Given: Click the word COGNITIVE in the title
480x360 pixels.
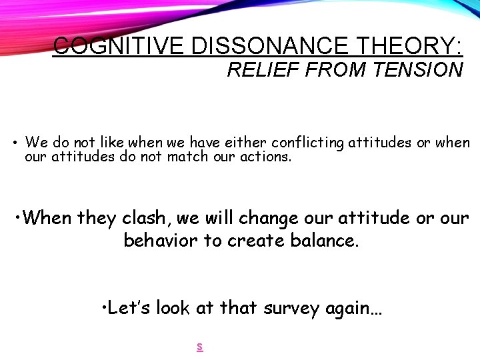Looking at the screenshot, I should (119, 46).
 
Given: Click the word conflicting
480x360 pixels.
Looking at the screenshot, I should (308, 142).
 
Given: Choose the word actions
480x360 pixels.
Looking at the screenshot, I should (264, 158).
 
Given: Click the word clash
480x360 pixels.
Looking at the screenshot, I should (147, 218).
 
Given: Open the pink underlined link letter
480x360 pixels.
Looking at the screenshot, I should (199, 346).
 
